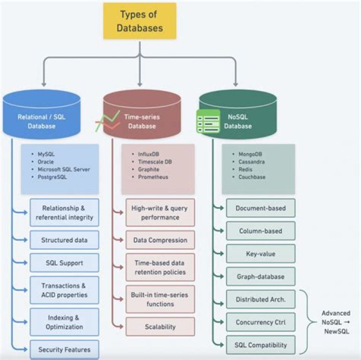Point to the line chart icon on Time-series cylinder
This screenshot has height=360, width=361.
click(x=107, y=121)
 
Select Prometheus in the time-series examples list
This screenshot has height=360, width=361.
click(x=153, y=177)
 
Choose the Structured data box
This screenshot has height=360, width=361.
click(x=64, y=240)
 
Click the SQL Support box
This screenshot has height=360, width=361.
click(x=64, y=263)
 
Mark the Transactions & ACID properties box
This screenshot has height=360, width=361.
click(x=64, y=290)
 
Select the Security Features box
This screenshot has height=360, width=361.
click(x=64, y=349)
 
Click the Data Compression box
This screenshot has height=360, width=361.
click(x=160, y=240)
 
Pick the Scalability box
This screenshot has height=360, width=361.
click(x=160, y=326)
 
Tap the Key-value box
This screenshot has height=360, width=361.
click(x=260, y=254)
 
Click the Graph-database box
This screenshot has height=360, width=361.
click(x=260, y=276)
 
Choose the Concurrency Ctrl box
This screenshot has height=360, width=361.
click(x=260, y=322)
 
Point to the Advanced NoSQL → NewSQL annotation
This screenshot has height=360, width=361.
click(x=336, y=322)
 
